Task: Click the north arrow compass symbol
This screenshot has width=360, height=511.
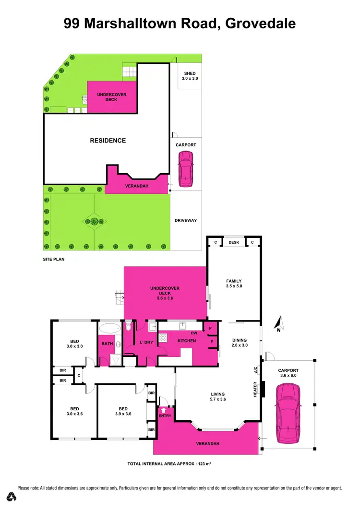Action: click(x=279, y=324)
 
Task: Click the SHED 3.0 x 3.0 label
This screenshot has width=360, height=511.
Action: click(x=190, y=76)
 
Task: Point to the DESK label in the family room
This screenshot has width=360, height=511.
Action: click(x=234, y=242)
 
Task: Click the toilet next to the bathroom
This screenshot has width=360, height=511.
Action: click(x=128, y=327)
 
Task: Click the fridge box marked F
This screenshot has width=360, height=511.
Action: click(x=211, y=342)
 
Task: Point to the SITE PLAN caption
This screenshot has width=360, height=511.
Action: click(x=53, y=259)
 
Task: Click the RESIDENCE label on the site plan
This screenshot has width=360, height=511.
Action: click(x=108, y=141)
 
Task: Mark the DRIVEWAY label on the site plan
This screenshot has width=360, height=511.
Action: click(x=186, y=221)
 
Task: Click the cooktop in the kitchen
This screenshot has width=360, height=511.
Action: click(x=163, y=337)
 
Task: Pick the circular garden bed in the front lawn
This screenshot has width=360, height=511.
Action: click(x=95, y=221)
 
